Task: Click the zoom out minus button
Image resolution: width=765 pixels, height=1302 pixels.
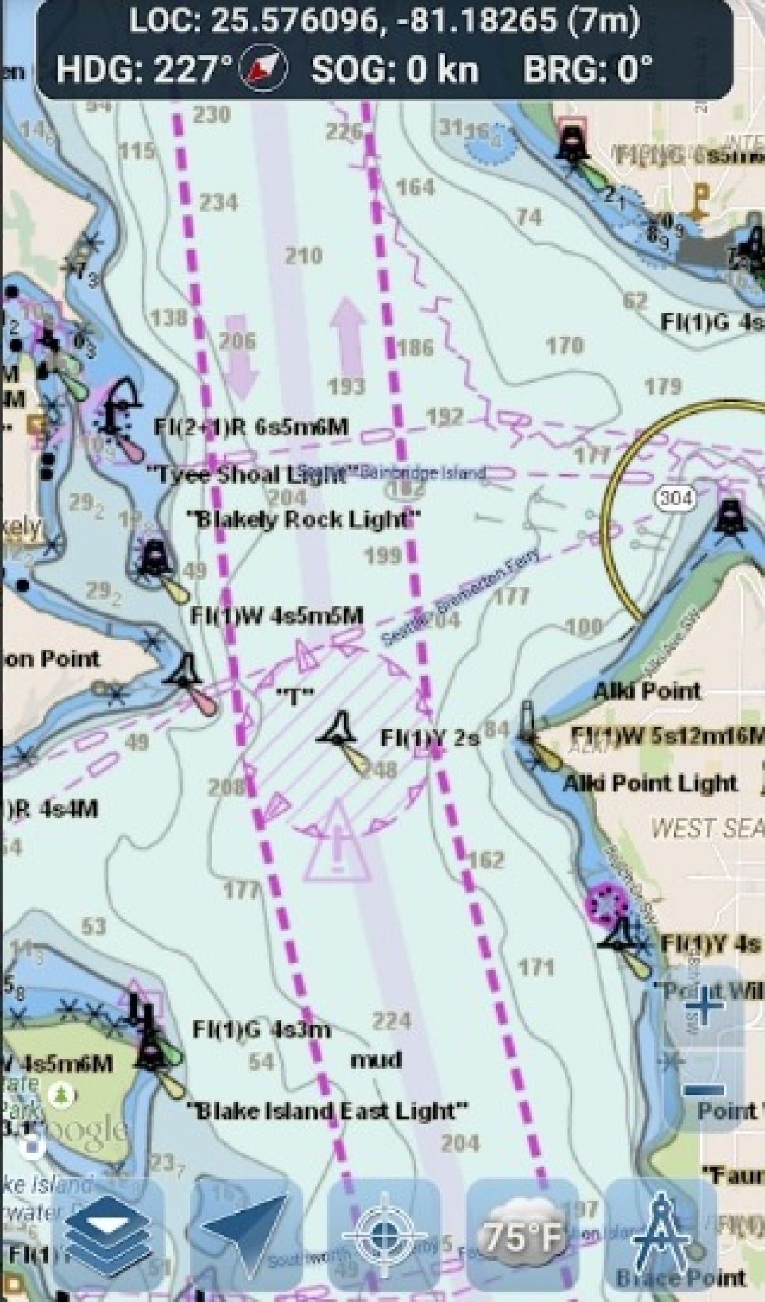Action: pyautogui.click(x=705, y=1090)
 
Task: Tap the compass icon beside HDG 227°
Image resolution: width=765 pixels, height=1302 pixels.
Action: pyautogui.click(x=262, y=69)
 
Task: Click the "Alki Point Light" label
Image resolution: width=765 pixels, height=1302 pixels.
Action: pyautogui.click(x=651, y=783)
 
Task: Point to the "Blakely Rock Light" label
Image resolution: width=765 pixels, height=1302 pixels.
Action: pyautogui.click(x=304, y=519)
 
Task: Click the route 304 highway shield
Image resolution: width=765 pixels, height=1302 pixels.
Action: pyautogui.click(x=675, y=498)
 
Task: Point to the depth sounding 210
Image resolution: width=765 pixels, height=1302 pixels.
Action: pyautogui.click(x=303, y=256)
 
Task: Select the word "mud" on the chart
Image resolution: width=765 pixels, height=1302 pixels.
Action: pyautogui.click(x=377, y=1059)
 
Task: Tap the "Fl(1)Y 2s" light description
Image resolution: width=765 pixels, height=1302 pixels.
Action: pyautogui.click(x=430, y=738)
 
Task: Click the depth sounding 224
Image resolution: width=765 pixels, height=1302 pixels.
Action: pyautogui.click(x=391, y=1021)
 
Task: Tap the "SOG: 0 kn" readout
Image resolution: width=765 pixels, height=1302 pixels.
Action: pyautogui.click(x=395, y=69)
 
